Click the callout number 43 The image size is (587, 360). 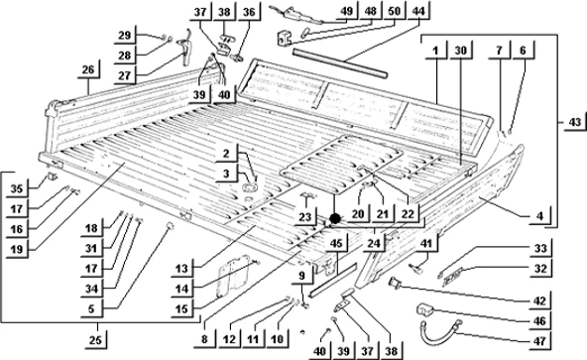[575, 123]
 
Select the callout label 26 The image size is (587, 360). [88, 69]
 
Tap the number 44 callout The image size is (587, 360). [418, 11]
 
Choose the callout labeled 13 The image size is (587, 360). [181, 269]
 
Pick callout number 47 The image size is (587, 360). [539, 341]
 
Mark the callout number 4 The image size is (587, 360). [539, 216]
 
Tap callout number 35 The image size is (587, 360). [17, 188]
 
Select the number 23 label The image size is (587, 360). [305, 217]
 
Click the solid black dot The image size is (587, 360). [335, 218]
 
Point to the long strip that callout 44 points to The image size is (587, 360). [340, 62]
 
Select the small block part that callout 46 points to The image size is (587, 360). [424, 309]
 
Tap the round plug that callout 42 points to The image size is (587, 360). [395, 282]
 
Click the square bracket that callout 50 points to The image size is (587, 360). [284, 39]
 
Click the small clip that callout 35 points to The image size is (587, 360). [52, 176]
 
